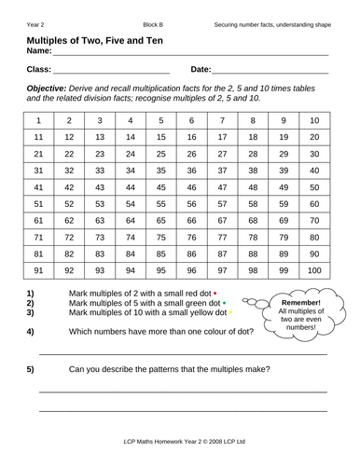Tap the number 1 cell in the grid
[x=38, y=121]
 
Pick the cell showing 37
[x=222, y=171]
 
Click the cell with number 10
[x=314, y=121]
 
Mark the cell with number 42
[x=69, y=188]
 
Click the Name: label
[x=42, y=51]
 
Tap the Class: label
[x=39, y=70]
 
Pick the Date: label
[x=201, y=70]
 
